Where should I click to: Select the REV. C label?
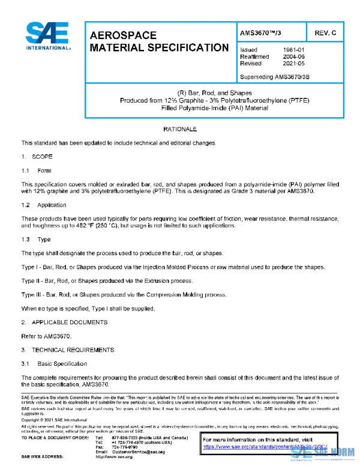325,32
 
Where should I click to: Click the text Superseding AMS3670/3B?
274,77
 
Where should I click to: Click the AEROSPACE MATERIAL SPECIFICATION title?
158,41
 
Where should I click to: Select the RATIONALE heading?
180,129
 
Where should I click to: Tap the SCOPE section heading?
42,156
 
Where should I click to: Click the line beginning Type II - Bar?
107,280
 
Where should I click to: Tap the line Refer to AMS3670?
46,336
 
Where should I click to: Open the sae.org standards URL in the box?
265,447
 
